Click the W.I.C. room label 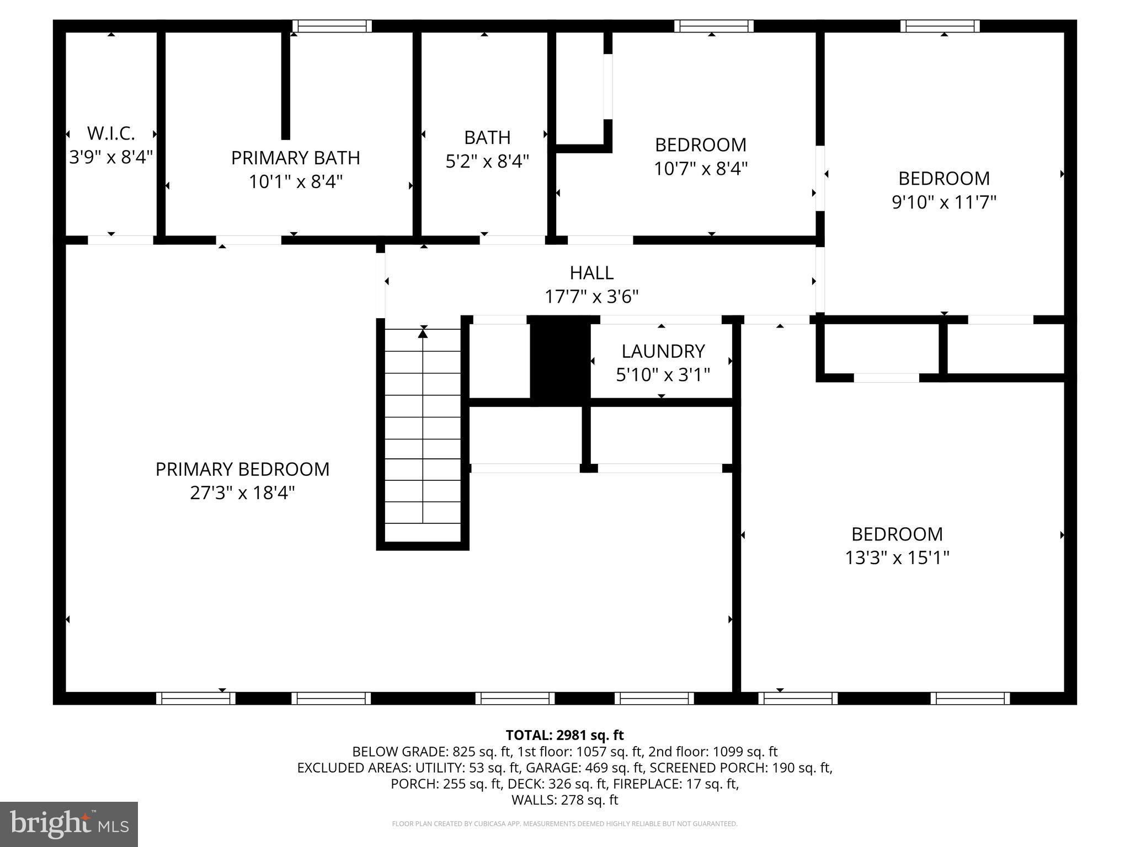[x=111, y=133]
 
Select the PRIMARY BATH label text [x=295, y=158]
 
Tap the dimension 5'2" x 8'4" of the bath [x=487, y=162]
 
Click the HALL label [x=591, y=273]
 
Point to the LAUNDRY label [x=663, y=351]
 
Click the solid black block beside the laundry [x=559, y=361]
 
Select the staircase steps [x=423, y=436]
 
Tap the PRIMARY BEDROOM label [x=242, y=469]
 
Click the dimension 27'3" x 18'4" [x=242, y=493]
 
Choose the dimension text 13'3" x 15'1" [x=897, y=558]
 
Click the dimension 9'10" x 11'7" [x=944, y=202]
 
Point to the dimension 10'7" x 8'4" [x=700, y=169]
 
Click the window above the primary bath [x=332, y=26]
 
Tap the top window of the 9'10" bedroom [x=940, y=26]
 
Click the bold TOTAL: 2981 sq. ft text [x=564, y=735]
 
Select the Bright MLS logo [x=69, y=824]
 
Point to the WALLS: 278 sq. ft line [x=564, y=800]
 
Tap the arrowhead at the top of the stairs [x=423, y=332]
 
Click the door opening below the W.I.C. [x=120, y=240]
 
